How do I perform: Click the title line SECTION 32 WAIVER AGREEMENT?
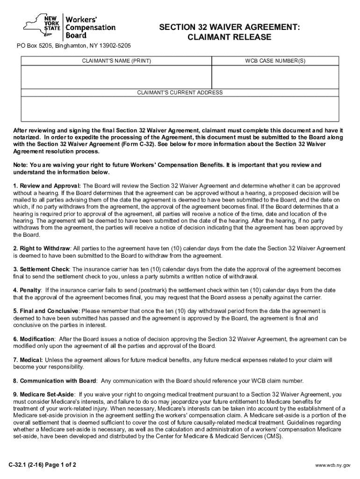tap(229, 28)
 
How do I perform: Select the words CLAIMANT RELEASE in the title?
tap(229, 38)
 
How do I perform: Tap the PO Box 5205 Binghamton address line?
tap(72, 46)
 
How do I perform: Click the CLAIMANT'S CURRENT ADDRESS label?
tap(180, 93)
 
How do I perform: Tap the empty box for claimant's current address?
tap(180, 108)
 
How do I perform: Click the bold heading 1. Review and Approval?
tap(47, 186)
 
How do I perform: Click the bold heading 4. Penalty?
tap(27, 290)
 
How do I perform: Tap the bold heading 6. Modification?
tap(34, 339)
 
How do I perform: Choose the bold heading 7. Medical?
tap(28, 360)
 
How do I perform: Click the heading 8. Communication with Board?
tap(55, 381)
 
